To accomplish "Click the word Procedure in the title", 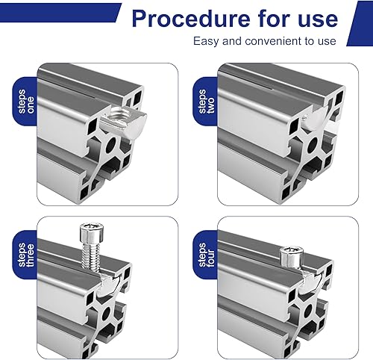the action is click(x=191, y=19).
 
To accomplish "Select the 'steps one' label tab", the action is click(x=25, y=102).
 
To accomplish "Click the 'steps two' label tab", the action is click(x=205, y=102).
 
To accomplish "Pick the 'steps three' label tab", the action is click(x=25, y=255).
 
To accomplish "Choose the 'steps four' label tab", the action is click(x=205, y=255).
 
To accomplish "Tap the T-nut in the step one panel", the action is click(x=124, y=121).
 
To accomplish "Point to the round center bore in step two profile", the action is click(x=312, y=145).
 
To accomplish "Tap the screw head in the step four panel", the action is click(x=291, y=256).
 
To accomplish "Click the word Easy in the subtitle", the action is click(x=207, y=41).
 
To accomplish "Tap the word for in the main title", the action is click(x=274, y=19).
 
